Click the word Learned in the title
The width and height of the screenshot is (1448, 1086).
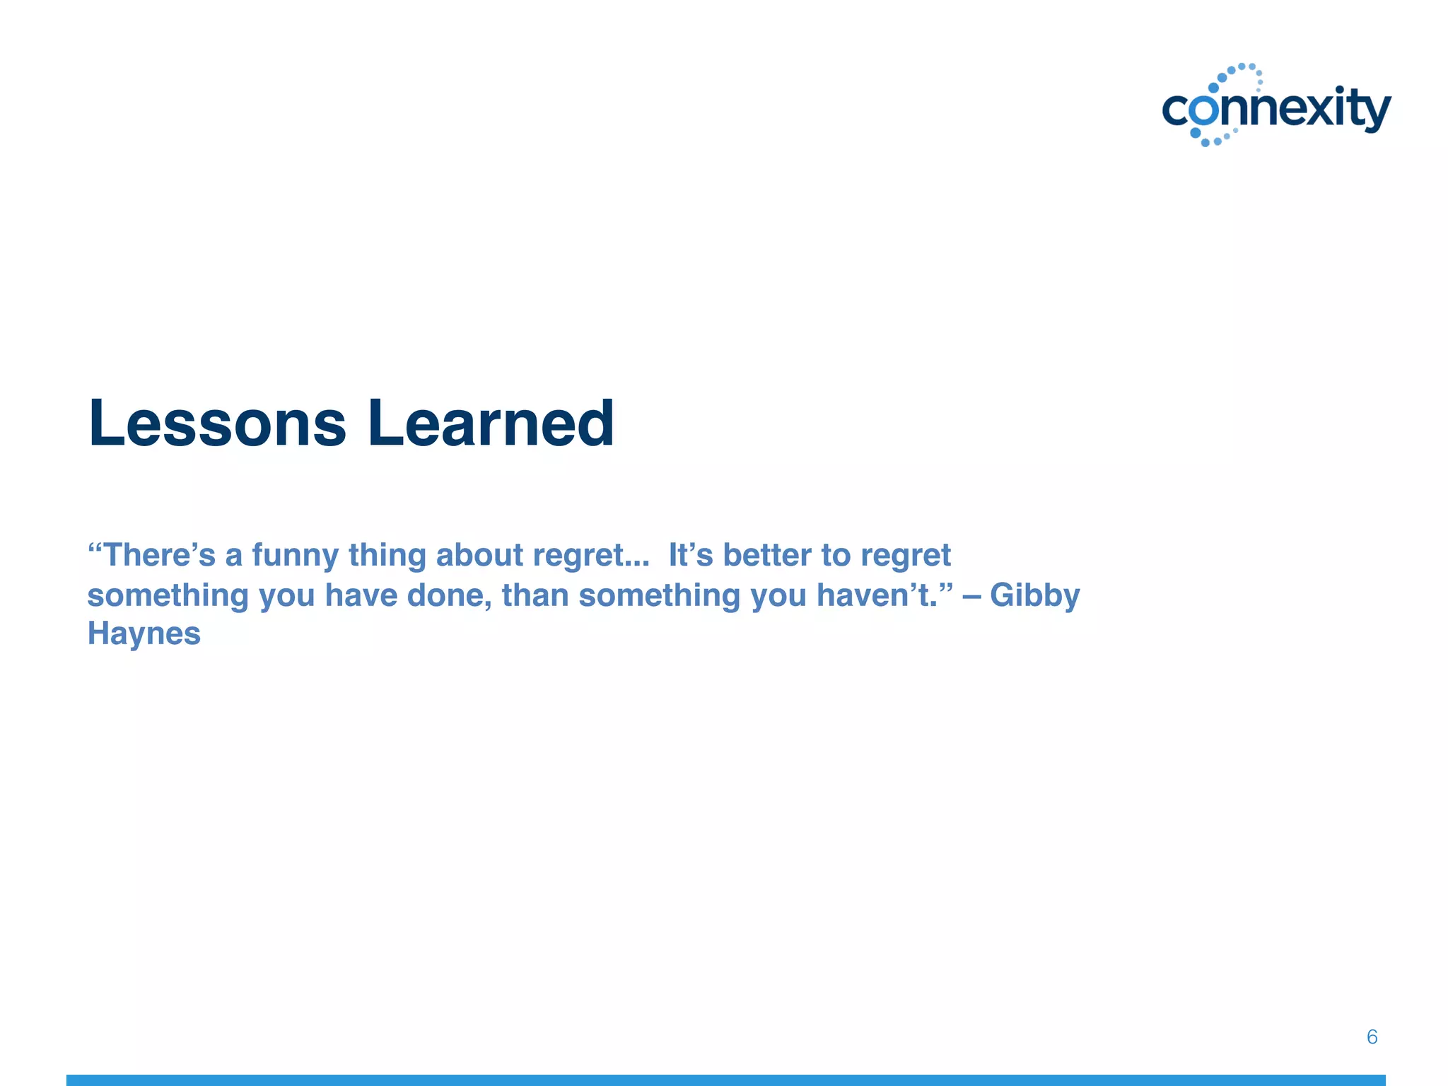pyautogui.click(x=491, y=424)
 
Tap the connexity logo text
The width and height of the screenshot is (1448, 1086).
pyautogui.click(x=1277, y=110)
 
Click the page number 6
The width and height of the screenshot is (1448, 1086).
pyautogui.click(x=1372, y=1037)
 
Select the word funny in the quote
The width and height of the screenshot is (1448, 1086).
pyautogui.click(x=296, y=556)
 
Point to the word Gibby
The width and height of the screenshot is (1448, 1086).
pyautogui.click(x=1034, y=595)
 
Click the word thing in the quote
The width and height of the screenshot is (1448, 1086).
pyautogui.click(x=387, y=556)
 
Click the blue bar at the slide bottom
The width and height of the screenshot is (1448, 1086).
pyautogui.click(x=725, y=1080)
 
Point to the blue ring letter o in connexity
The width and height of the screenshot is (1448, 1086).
pyautogui.click(x=1204, y=112)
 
